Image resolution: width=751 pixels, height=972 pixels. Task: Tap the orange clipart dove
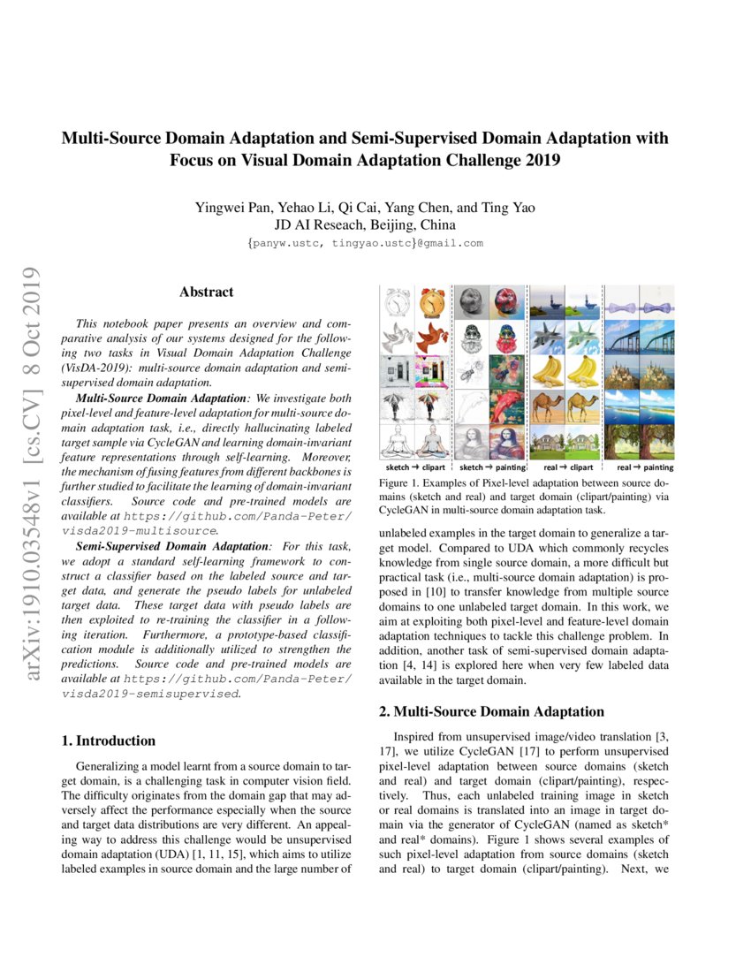pos(433,338)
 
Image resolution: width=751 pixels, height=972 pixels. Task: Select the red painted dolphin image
pos(507,406)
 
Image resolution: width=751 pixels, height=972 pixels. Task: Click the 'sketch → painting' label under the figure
pos(490,467)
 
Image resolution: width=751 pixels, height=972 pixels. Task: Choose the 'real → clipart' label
pos(565,467)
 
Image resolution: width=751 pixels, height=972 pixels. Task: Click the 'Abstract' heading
pos(207,292)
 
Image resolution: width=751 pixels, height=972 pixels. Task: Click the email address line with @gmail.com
pos(365,243)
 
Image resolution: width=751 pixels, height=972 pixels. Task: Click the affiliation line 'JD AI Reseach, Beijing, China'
pos(365,225)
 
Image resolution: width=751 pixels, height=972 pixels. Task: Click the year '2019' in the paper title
pos(534,161)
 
